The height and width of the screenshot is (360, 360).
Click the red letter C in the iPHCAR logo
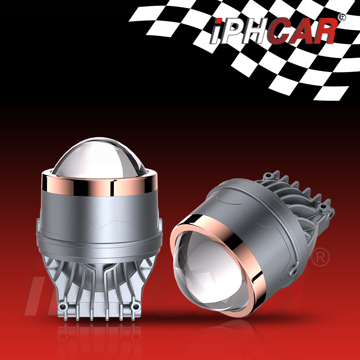click(x=276, y=31)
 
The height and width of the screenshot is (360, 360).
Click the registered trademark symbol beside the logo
click(x=342, y=18)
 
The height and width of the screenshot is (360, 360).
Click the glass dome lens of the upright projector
click(x=99, y=158)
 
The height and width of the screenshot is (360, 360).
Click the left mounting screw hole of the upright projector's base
click(x=62, y=306)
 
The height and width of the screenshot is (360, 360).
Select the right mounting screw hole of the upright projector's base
click(x=136, y=306)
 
